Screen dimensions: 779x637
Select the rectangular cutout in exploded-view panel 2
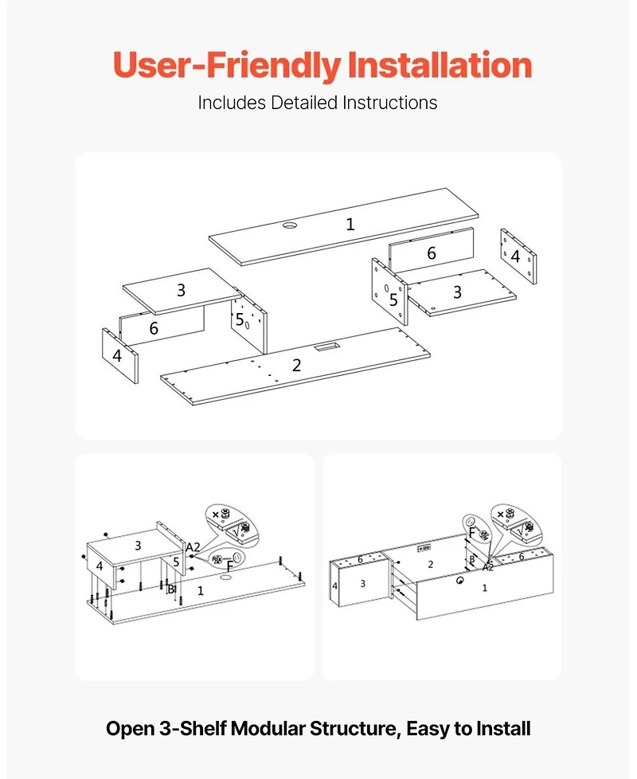[326, 348]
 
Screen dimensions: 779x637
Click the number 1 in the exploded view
[350, 225]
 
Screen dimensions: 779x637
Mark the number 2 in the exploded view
[296, 366]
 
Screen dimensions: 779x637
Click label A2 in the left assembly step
[193, 547]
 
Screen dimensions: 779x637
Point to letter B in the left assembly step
[170, 589]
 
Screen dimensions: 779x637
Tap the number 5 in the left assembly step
[176, 562]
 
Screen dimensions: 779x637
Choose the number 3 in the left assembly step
[137, 546]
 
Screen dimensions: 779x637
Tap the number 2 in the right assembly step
[430, 564]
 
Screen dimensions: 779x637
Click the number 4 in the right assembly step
[334, 586]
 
